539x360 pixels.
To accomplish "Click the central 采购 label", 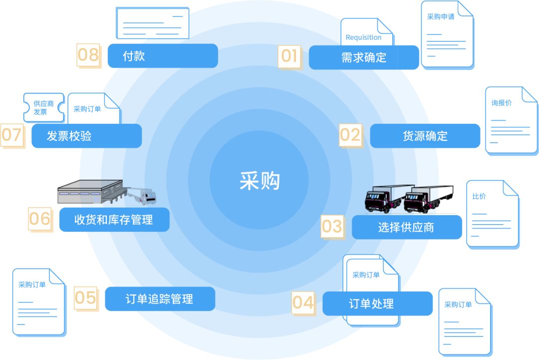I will point(260,181).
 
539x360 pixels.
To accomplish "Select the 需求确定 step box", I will point(364,57).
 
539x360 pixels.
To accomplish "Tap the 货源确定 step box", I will point(425,136).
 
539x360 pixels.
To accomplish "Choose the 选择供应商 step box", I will point(406,228).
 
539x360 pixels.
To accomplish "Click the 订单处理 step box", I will point(377,304).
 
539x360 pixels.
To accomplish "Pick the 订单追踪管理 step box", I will point(160,299).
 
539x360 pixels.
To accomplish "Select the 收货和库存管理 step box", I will point(114,220).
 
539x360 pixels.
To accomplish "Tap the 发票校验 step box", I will point(86,136).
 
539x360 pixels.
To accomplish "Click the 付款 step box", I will point(163,56).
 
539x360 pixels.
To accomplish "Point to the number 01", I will point(289,56).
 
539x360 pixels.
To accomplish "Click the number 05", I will point(85,298).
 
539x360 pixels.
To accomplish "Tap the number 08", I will point(88,54).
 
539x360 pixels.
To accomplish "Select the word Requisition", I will point(363,37).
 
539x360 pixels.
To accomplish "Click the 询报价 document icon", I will point(511,120).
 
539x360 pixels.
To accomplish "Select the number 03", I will point(331,226).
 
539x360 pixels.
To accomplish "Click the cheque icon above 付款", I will point(152,23).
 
